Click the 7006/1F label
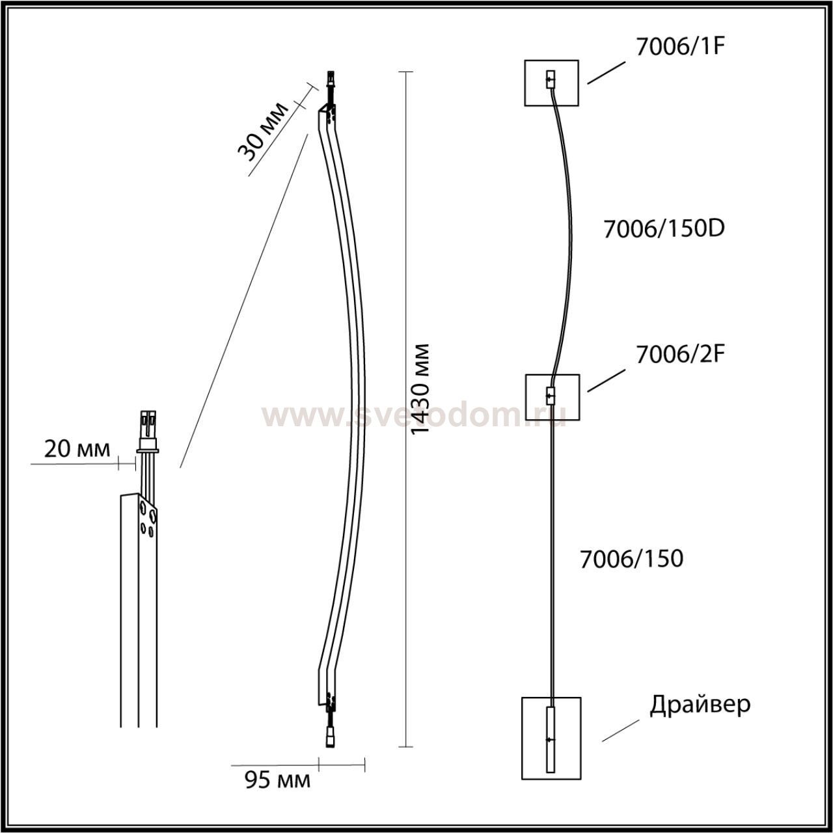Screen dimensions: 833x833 point(680,47)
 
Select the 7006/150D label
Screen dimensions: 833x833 point(664,228)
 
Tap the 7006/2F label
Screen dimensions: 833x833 point(680,355)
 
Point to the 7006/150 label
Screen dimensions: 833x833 point(631,558)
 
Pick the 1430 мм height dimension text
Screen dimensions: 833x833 point(420,389)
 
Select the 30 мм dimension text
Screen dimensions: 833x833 point(263,131)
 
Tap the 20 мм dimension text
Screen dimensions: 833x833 point(77,450)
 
